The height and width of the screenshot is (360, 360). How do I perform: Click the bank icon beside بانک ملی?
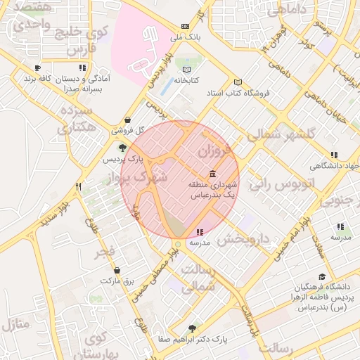185,25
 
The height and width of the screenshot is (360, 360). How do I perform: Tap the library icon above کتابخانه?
186,70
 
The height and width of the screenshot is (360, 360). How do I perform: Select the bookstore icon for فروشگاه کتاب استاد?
238,82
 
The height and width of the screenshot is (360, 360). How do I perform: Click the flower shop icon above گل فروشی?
127,120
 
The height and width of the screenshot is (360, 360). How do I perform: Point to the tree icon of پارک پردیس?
123,148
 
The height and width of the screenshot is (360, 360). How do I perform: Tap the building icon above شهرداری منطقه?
212,174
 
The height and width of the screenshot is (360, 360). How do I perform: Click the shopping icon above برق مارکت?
117,270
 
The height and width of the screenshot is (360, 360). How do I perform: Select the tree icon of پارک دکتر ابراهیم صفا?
193,328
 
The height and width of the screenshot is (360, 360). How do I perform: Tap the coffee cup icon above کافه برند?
37,68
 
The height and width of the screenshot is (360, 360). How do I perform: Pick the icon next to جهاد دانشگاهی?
334,155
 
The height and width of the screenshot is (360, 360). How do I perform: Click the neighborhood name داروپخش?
243,239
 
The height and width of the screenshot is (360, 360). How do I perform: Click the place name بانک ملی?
188,36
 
